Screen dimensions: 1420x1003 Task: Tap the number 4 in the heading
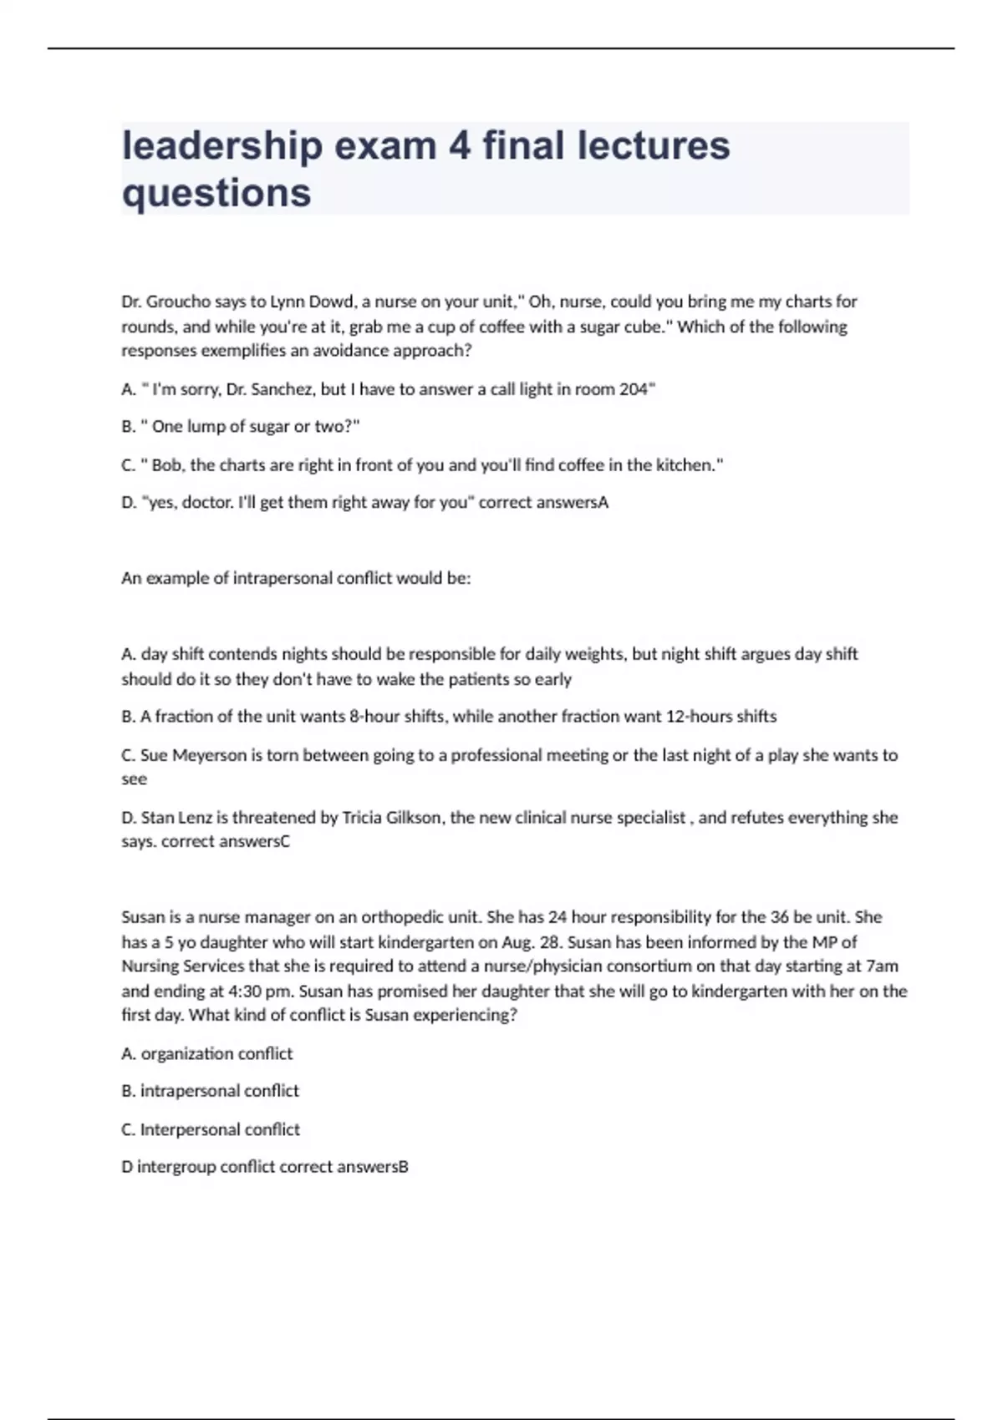(459, 146)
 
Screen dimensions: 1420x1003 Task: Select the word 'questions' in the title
(216, 193)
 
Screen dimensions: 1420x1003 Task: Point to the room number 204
(633, 389)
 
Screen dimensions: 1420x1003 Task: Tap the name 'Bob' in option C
(167, 465)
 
